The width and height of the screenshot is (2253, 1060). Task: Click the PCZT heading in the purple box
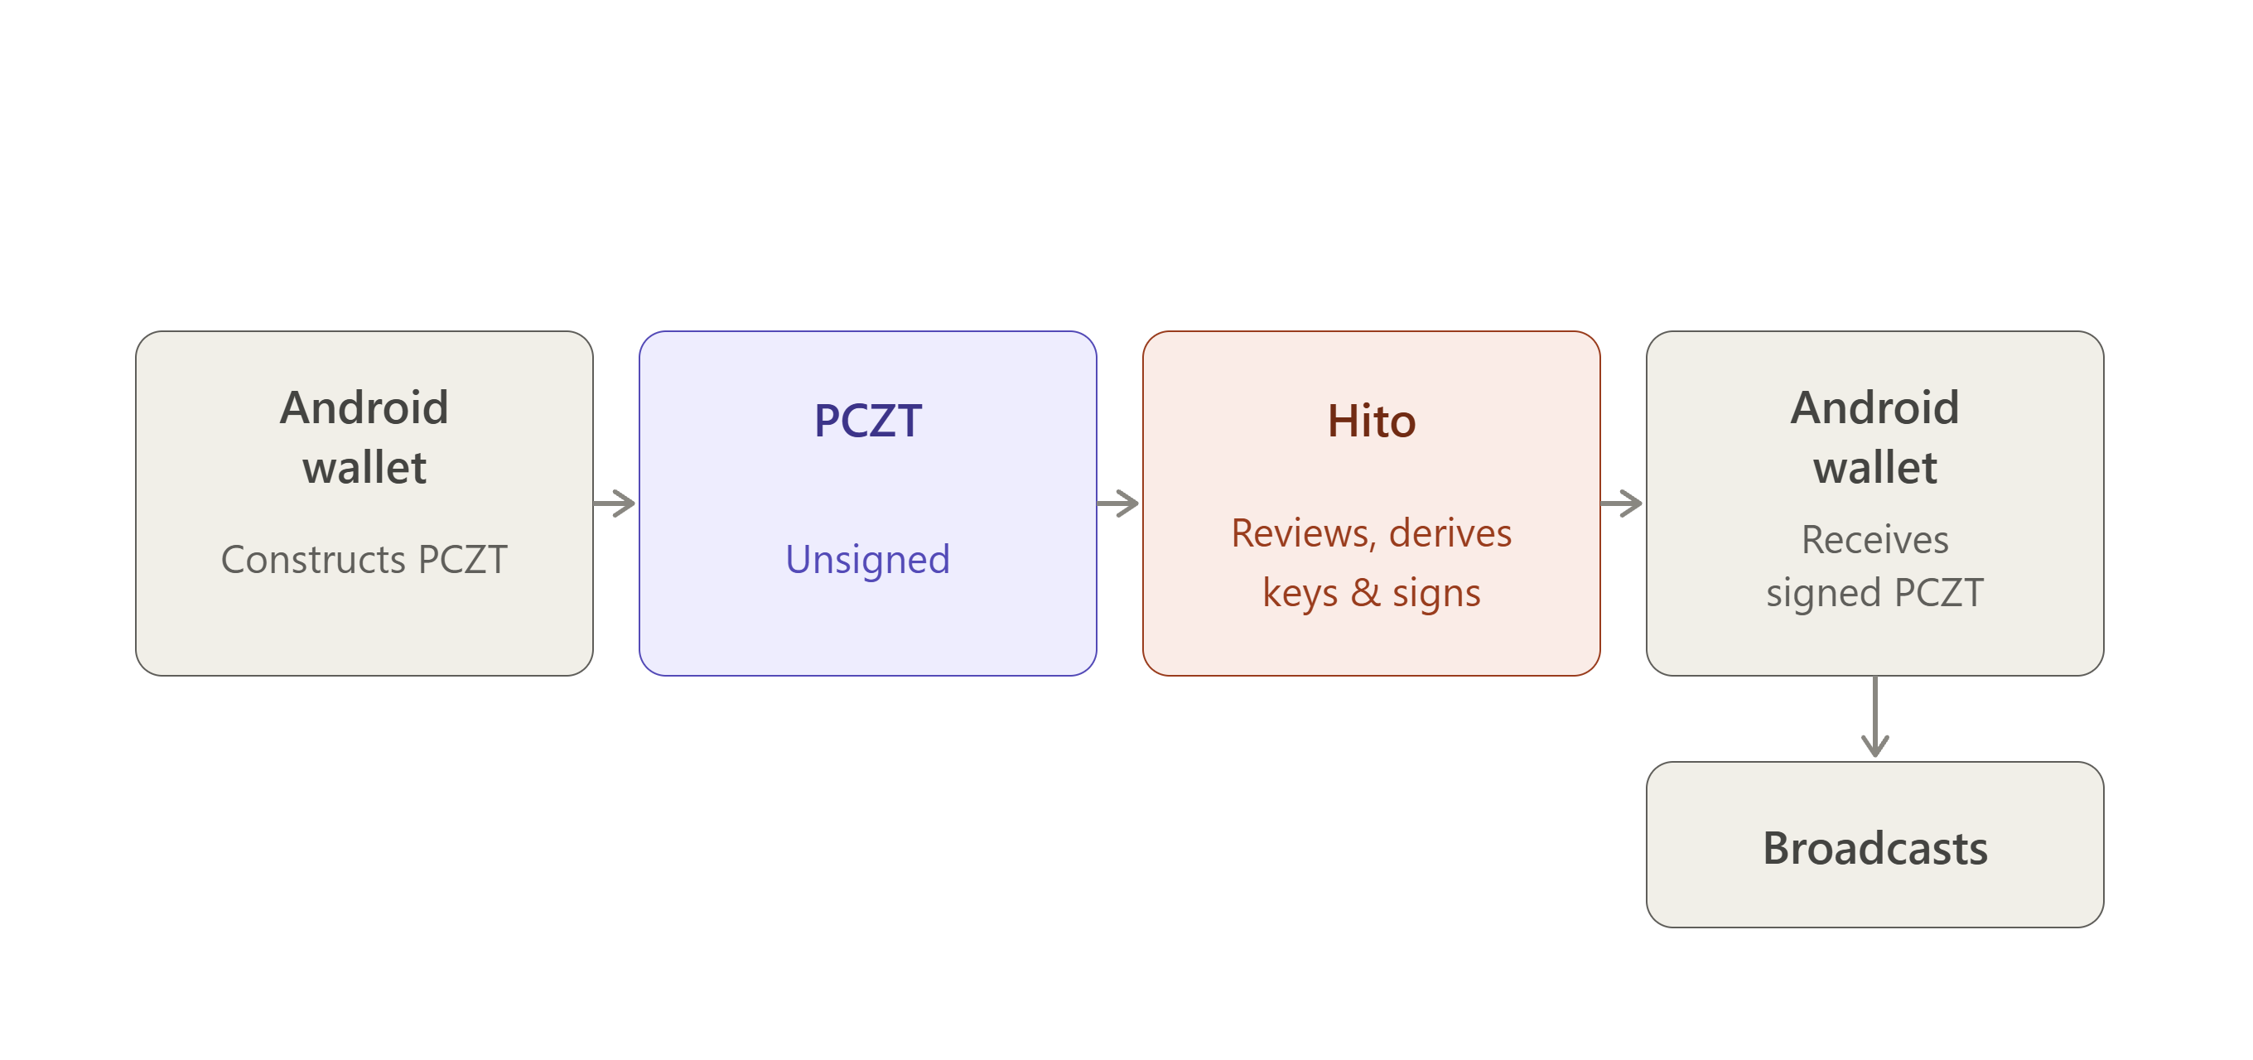point(867,421)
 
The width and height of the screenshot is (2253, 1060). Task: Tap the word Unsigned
point(867,560)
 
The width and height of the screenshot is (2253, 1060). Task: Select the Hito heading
point(1372,421)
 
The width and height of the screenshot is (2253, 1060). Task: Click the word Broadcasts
point(1875,848)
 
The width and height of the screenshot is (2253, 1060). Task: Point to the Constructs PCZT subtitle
point(364,560)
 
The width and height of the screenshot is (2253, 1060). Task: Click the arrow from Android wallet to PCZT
point(614,503)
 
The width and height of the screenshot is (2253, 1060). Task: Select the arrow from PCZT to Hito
point(1117,503)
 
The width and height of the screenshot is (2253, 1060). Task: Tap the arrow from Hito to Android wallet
point(1622,503)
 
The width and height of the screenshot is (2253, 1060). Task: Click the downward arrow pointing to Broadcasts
point(1875,716)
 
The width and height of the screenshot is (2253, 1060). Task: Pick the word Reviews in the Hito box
point(1303,533)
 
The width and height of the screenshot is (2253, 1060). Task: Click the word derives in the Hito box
point(1450,533)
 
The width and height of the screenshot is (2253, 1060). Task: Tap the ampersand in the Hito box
point(1365,593)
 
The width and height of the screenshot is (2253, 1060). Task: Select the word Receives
point(1875,540)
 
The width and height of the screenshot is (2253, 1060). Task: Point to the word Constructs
point(313,560)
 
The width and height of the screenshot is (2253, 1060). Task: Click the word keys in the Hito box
point(1300,593)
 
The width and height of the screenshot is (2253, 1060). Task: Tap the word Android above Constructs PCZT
point(364,407)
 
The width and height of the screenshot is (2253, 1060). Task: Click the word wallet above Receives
point(1875,468)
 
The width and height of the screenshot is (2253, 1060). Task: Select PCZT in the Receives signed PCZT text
point(1939,593)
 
